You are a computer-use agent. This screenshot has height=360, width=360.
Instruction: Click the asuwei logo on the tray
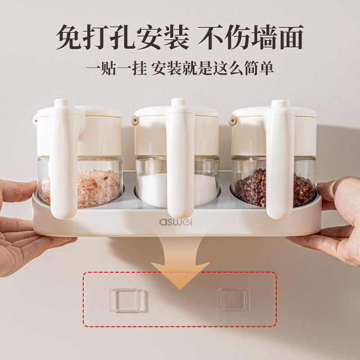click(175, 222)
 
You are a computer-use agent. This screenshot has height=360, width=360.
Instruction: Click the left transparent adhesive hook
click(125, 300)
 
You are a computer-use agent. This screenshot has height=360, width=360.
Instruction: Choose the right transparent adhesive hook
click(234, 299)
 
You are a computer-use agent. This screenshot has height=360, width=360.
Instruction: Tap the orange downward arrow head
click(180, 274)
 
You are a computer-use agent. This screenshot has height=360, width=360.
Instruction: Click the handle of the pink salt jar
click(63, 161)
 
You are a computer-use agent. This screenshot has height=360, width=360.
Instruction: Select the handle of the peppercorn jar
click(280, 161)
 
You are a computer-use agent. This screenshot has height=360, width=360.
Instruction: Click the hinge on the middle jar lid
click(135, 121)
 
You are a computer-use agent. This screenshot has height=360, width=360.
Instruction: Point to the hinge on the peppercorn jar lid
click(232, 121)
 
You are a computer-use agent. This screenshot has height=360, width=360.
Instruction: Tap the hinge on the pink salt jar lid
click(36, 121)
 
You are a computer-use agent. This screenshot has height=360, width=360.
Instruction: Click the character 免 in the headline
click(68, 37)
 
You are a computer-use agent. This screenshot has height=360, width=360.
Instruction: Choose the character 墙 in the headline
click(264, 37)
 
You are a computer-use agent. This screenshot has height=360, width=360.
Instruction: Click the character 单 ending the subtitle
click(266, 68)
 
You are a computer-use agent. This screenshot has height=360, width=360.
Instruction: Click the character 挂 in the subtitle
click(139, 68)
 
